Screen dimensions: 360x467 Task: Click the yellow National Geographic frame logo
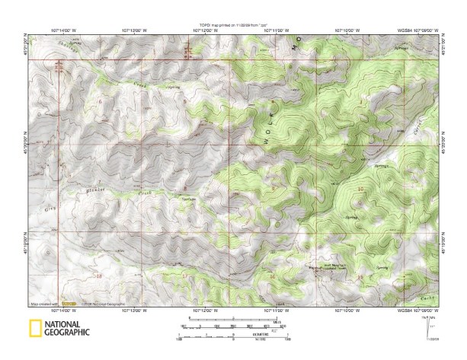click(x=34, y=329)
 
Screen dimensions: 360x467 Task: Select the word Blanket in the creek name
click(x=95, y=190)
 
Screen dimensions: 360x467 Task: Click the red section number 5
click(x=184, y=100)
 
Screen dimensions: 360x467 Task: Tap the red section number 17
click(x=183, y=273)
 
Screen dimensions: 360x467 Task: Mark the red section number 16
click(x=272, y=278)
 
